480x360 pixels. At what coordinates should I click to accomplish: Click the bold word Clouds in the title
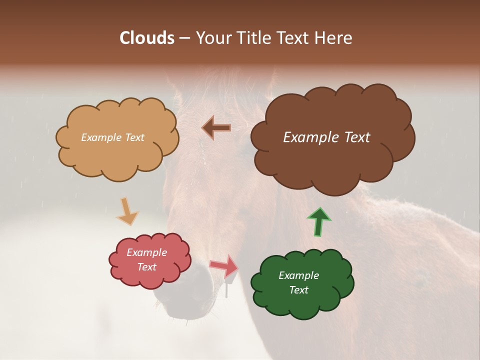point(147,38)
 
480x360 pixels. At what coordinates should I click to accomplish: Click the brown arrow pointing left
point(216,128)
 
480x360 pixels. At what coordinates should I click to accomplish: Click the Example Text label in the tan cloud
point(112,137)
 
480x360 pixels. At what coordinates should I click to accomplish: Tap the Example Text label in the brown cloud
point(326,137)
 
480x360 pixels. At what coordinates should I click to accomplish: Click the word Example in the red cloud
point(146,252)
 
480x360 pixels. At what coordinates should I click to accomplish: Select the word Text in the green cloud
point(298,290)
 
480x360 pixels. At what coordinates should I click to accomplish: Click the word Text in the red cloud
point(146,267)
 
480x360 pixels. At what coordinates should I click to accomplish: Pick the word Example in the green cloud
point(298,275)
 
